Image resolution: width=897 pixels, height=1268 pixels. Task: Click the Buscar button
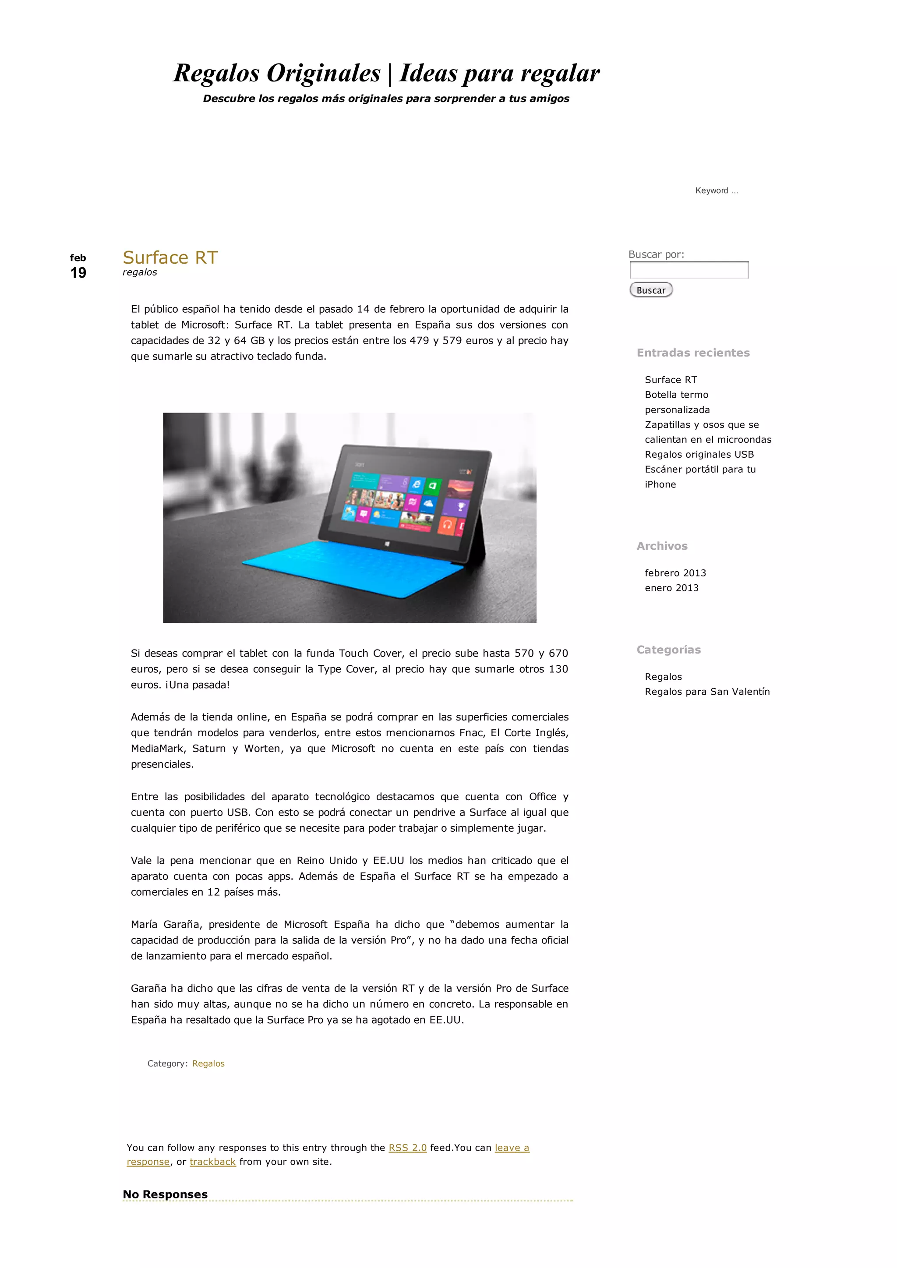(651, 290)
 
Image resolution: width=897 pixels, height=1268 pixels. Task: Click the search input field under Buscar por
(689, 270)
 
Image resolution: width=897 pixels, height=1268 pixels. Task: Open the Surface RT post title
(170, 258)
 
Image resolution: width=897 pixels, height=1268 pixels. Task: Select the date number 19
(78, 272)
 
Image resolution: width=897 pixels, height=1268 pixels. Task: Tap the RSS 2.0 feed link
(408, 1148)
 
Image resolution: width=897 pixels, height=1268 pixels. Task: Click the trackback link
(213, 1162)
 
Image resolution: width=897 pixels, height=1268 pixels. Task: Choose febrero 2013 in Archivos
(675, 573)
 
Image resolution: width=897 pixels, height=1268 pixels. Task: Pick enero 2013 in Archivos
(671, 588)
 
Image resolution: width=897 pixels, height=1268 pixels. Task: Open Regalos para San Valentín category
(707, 692)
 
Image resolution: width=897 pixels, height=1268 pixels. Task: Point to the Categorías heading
(668, 650)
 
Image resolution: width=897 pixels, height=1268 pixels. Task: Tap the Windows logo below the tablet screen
(387, 544)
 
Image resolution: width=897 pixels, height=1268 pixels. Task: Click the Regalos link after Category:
(208, 1063)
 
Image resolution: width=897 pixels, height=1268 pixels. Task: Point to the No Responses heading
(165, 1194)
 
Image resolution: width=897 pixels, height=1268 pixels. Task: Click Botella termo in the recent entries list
(676, 394)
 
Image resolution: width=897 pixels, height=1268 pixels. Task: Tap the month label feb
(78, 258)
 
